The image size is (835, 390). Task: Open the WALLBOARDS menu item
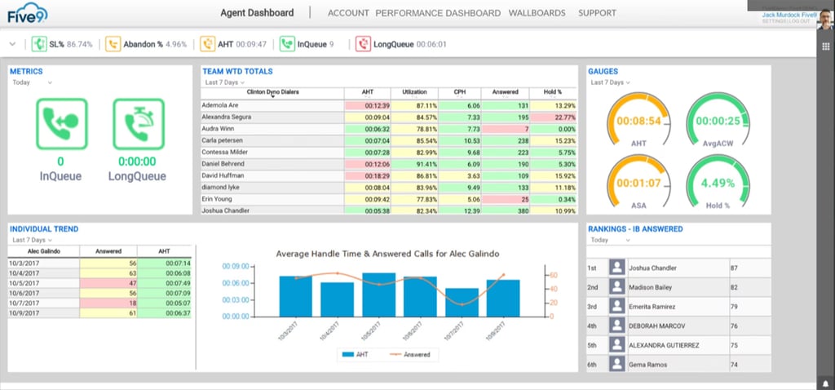pos(537,13)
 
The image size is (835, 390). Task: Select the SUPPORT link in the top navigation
pos(597,13)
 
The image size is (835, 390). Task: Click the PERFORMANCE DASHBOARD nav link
pos(438,13)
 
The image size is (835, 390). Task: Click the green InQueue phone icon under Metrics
pos(60,124)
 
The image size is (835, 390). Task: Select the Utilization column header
pos(414,92)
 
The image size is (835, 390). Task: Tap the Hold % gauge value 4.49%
pos(718,183)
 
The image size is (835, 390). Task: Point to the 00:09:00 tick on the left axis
pos(236,266)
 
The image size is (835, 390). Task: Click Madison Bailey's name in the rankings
pos(653,287)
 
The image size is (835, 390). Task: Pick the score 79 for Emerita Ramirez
pos(734,307)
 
